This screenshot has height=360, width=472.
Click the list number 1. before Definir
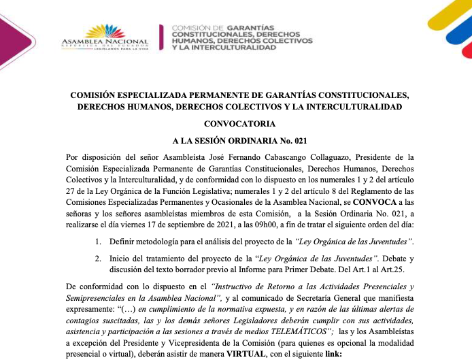[99, 242]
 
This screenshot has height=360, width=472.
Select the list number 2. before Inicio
[99, 259]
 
